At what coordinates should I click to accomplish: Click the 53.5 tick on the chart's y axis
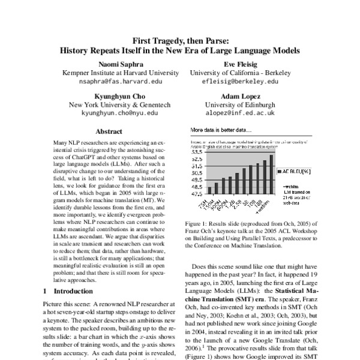click(197, 152)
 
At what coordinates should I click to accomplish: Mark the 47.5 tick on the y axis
click(197, 194)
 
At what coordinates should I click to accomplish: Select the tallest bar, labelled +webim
click(271, 175)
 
